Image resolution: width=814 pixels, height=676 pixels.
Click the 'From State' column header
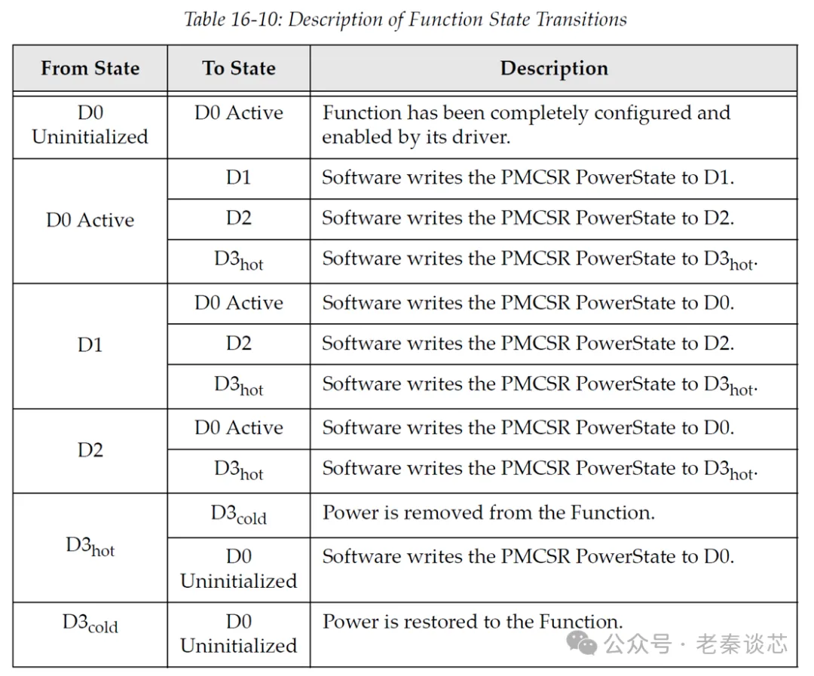click(x=90, y=69)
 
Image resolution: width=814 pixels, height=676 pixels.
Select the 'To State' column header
click(x=239, y=69)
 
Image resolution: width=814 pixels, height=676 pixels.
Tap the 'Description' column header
click(x=554, y=69)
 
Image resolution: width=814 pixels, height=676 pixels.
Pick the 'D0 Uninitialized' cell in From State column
click(x=90, y=125)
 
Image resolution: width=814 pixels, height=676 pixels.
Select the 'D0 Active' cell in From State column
click(x=90, y=221)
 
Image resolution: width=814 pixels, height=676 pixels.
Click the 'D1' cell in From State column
click(x=90, y=346)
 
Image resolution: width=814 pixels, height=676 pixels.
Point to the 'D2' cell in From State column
click(x=90, y=451)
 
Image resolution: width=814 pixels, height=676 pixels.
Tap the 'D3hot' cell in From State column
click(x=90, y=547)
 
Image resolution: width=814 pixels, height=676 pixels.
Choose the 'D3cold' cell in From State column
click(x=90, y=624)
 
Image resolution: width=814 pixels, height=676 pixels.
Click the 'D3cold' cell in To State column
click(x=239, y=515)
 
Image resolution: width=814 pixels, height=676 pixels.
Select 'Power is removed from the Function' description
click(x=488, y=513)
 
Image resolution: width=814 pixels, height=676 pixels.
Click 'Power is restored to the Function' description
click(x=473, y=622)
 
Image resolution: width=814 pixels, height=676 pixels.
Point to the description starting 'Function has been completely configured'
click(x=526, y=125)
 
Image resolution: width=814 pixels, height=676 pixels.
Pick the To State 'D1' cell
click(x=239, y=179)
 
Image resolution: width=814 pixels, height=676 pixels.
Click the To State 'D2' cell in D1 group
click(x=239, y=344)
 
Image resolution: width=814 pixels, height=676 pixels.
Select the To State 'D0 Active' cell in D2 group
click(x=239, y=428)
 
